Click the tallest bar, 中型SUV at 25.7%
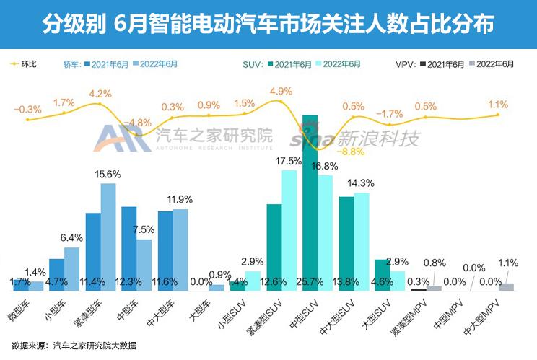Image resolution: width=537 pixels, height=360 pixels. click(310, 202)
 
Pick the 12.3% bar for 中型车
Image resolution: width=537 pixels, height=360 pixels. click(129, 248)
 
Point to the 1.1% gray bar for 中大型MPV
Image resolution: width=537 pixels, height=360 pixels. click(507, 287)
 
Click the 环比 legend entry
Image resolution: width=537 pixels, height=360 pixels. click(25, 64)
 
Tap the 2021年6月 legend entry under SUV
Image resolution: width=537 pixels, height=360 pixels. click(293, 64)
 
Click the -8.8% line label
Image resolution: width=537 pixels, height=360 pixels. click(352, 152)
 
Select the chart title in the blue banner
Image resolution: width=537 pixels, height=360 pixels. click(268, 25)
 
